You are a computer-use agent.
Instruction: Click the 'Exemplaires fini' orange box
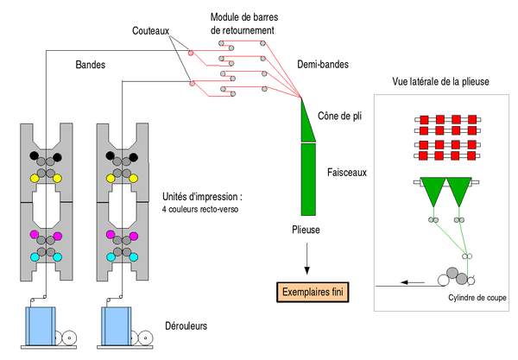(313, 292)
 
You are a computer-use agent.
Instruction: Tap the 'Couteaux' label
(150, 31)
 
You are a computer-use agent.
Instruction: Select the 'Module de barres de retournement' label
(244, 23)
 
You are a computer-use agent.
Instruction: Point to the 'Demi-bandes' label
(323, 64)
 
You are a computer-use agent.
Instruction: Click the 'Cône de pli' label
(339, 116)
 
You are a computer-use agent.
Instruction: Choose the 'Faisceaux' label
(347, 172)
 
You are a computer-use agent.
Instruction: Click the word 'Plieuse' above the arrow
(306, 230)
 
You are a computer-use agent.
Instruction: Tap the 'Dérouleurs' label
(186, 326)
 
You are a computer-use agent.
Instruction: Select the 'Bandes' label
(90, 65)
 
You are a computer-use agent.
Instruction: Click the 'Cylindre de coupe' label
(477, 298)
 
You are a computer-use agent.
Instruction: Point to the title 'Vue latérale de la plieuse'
(440, 81)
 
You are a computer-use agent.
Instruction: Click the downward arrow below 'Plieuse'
(306, 259)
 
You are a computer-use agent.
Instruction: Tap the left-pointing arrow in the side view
(413, 282)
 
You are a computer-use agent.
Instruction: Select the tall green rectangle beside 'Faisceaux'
(308, 180)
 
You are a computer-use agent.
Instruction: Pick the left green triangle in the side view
(433, 190)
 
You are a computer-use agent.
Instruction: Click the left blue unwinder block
(41, 326)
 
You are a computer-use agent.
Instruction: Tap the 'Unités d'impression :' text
(202, 197)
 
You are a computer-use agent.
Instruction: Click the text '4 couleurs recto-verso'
(200, 209)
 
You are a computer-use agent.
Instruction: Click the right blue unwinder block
(117, 326)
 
